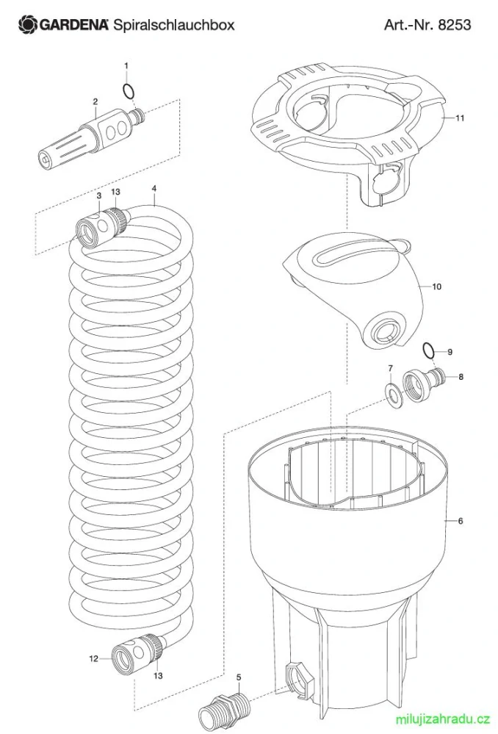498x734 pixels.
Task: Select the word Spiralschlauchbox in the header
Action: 173,25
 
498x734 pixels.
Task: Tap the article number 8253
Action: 455,24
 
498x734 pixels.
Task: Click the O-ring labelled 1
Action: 129,91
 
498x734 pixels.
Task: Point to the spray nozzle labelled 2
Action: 90,136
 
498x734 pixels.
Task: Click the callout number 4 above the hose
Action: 154,189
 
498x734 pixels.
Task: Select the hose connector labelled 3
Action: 96,226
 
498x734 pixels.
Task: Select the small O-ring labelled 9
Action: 428,350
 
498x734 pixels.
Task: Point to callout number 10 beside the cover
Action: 436,287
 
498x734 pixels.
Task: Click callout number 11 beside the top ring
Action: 460,118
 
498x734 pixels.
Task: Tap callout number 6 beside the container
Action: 461,520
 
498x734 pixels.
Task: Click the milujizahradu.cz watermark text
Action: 442,718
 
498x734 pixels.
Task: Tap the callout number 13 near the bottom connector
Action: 158,675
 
